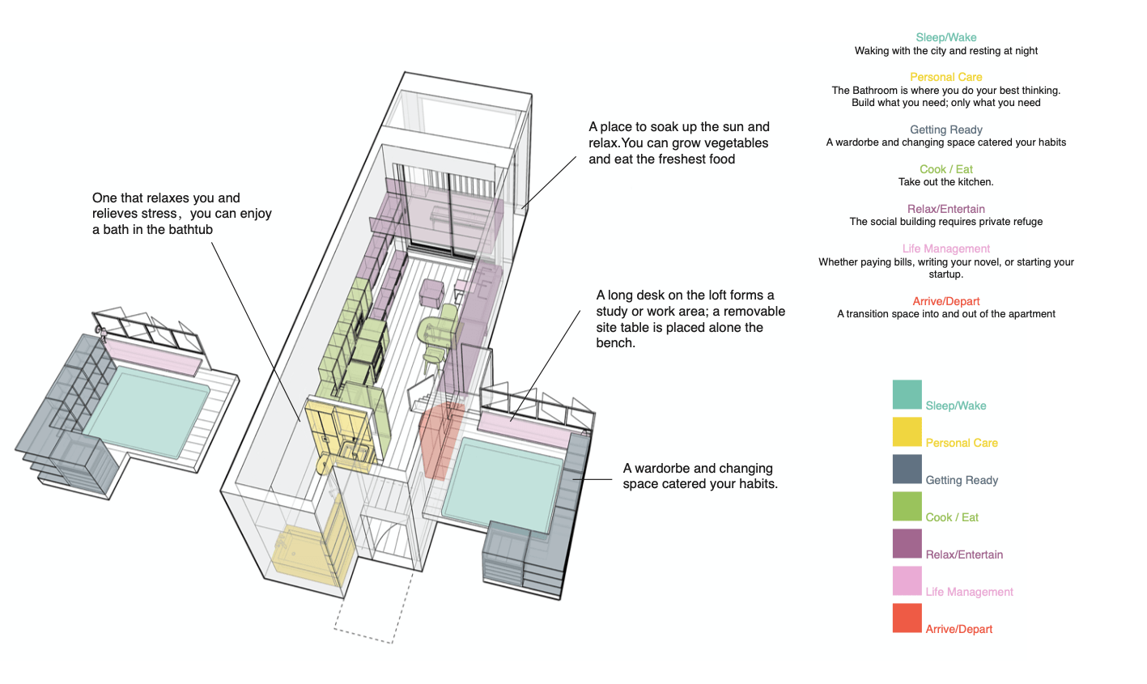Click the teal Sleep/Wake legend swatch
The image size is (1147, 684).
coord(907,394)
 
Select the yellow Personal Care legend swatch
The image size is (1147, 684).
coord(907,431)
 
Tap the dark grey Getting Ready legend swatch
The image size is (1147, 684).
coord(907,469)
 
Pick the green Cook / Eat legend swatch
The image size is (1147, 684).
coord(907,506)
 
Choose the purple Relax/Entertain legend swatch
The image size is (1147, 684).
coord(907,543)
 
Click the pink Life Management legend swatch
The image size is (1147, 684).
coord(907,580)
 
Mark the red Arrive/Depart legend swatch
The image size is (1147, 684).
coord(907,618)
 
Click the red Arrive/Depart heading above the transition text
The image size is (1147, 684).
coord(945,301)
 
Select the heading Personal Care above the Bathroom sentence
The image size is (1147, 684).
coord(945,77)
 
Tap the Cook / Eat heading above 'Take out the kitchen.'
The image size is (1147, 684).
coord(945,169)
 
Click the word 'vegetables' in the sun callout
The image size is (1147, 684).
coord(720,143)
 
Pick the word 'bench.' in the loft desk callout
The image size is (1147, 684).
coord(616,343)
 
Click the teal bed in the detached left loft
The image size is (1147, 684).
coord(146,409)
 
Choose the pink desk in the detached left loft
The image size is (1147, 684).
coord(154,357)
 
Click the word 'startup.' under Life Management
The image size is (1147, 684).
coord(945,274)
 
